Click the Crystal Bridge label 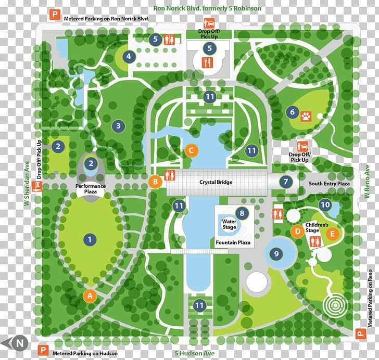(x=216, y=182)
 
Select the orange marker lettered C (x=192, y=151)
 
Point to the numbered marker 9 (x=276, y=254)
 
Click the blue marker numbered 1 (x=90, y=240)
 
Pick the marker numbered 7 (x=286, y=182)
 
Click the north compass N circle (x=20, y=343)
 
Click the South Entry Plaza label (x=330, y=183)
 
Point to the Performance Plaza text (x=91, y=188)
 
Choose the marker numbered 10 (x=325, y=204)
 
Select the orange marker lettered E (x=332, y=234)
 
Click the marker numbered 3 (x=118, y=125)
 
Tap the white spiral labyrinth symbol (x=334, y=304)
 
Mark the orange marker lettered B (x=155, y=182)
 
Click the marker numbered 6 (x=292, y=112)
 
